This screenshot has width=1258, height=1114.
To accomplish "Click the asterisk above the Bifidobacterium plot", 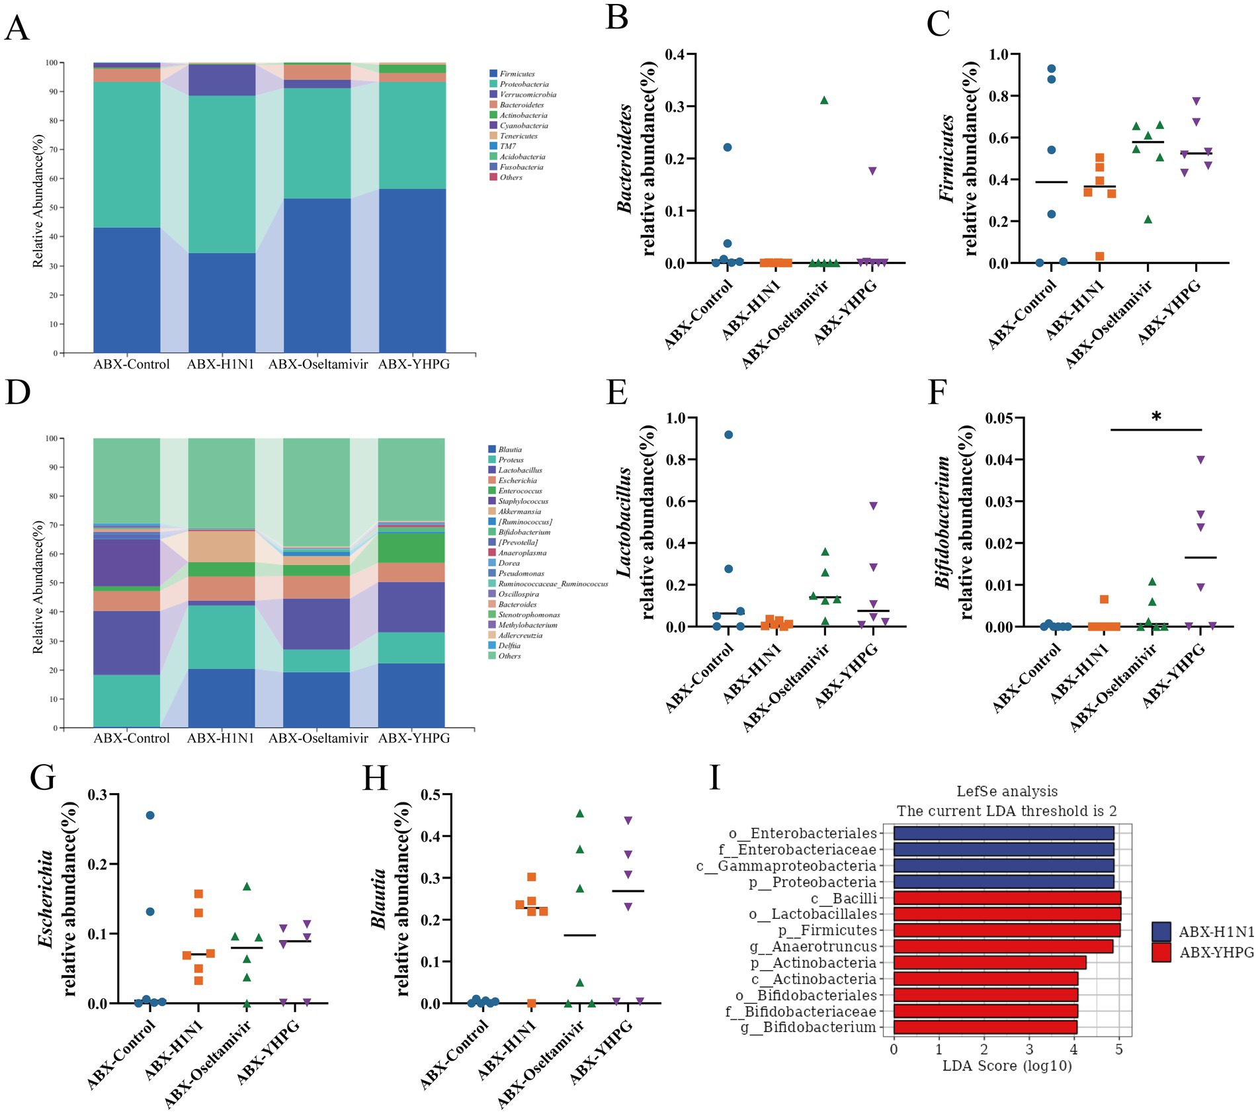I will pos(1156,417).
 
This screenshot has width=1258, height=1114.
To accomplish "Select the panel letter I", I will pos(714,778).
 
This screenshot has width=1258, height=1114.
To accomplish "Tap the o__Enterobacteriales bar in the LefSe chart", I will pos(1003,833).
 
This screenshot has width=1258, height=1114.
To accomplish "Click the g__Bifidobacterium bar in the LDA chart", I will pos(985,1027).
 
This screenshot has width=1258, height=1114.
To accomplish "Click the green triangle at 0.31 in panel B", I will pos(824,101).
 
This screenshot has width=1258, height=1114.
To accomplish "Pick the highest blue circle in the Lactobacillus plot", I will pos(728,435).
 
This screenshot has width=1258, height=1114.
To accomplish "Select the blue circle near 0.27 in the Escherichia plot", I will pos(150,815).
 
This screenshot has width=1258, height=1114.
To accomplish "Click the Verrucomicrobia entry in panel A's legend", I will pos(527,95).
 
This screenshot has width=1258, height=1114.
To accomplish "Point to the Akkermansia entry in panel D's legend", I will pos(519,511).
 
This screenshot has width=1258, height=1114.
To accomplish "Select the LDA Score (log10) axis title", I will pos(1007,1066).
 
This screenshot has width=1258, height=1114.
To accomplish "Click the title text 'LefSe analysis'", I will pos(1007,791).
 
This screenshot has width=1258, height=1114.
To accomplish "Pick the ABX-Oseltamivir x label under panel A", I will pos(317,364).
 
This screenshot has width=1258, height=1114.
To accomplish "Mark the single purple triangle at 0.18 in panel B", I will pos(872,171).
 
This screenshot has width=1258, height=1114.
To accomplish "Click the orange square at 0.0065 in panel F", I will pos(1104,599).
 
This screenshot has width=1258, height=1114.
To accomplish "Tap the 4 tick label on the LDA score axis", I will pos(1074,1049).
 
